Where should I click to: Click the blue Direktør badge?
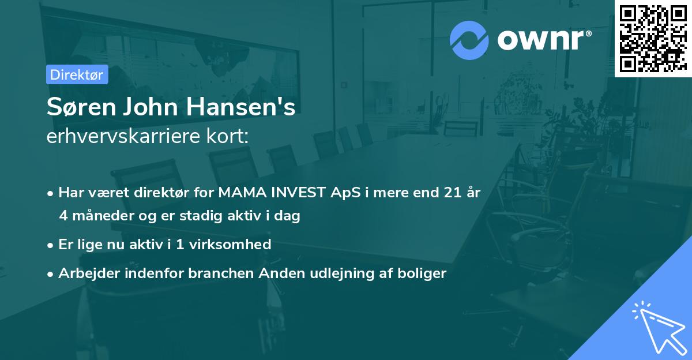pos(77,74)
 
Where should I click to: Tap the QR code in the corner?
pos(653,38)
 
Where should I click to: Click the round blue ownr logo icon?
pos(469,40)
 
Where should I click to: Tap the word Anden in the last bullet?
pos(278,273)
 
